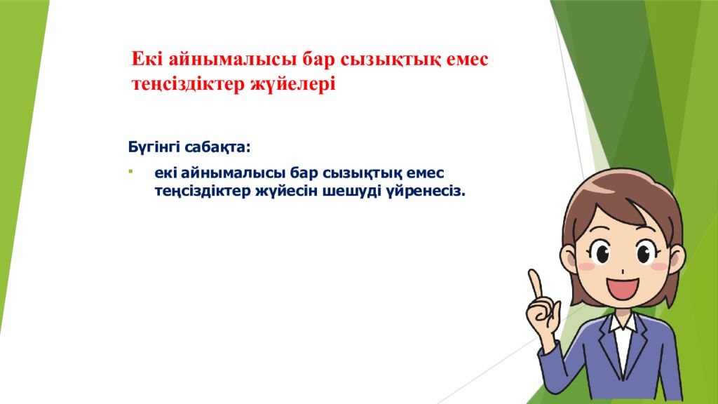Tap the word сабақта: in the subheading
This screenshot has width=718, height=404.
coord(217,147)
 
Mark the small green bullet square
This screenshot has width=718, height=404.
coord(130,173)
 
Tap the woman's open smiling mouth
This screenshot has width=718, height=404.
coord(623,288)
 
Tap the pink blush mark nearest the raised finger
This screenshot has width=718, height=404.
coord(586,266)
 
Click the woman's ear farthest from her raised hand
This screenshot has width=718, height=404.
coord(679,258)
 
